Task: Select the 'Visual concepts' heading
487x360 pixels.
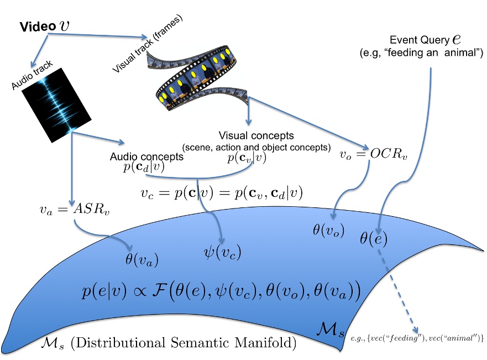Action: pyautogui.click(x=256, y=135)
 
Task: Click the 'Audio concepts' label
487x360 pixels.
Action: pyautogui.click(x=146, y=157)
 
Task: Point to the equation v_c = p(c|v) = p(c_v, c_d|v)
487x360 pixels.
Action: pyautogui.click(x=222, y=193)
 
